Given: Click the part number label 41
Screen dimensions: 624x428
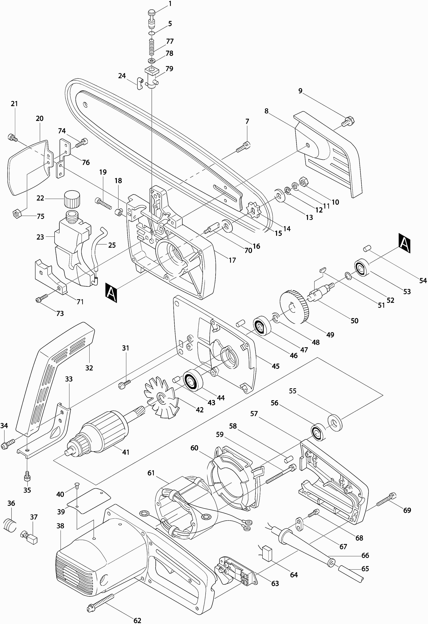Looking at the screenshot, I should (x=126, y=452).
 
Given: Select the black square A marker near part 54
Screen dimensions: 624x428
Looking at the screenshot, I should (x=405, y=243).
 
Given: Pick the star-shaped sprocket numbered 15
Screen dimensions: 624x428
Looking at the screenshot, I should (x=253, y=210).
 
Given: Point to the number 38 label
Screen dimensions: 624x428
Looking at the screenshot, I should (x=60, y=526).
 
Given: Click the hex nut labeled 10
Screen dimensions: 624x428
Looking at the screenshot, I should (x=303, y=182).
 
